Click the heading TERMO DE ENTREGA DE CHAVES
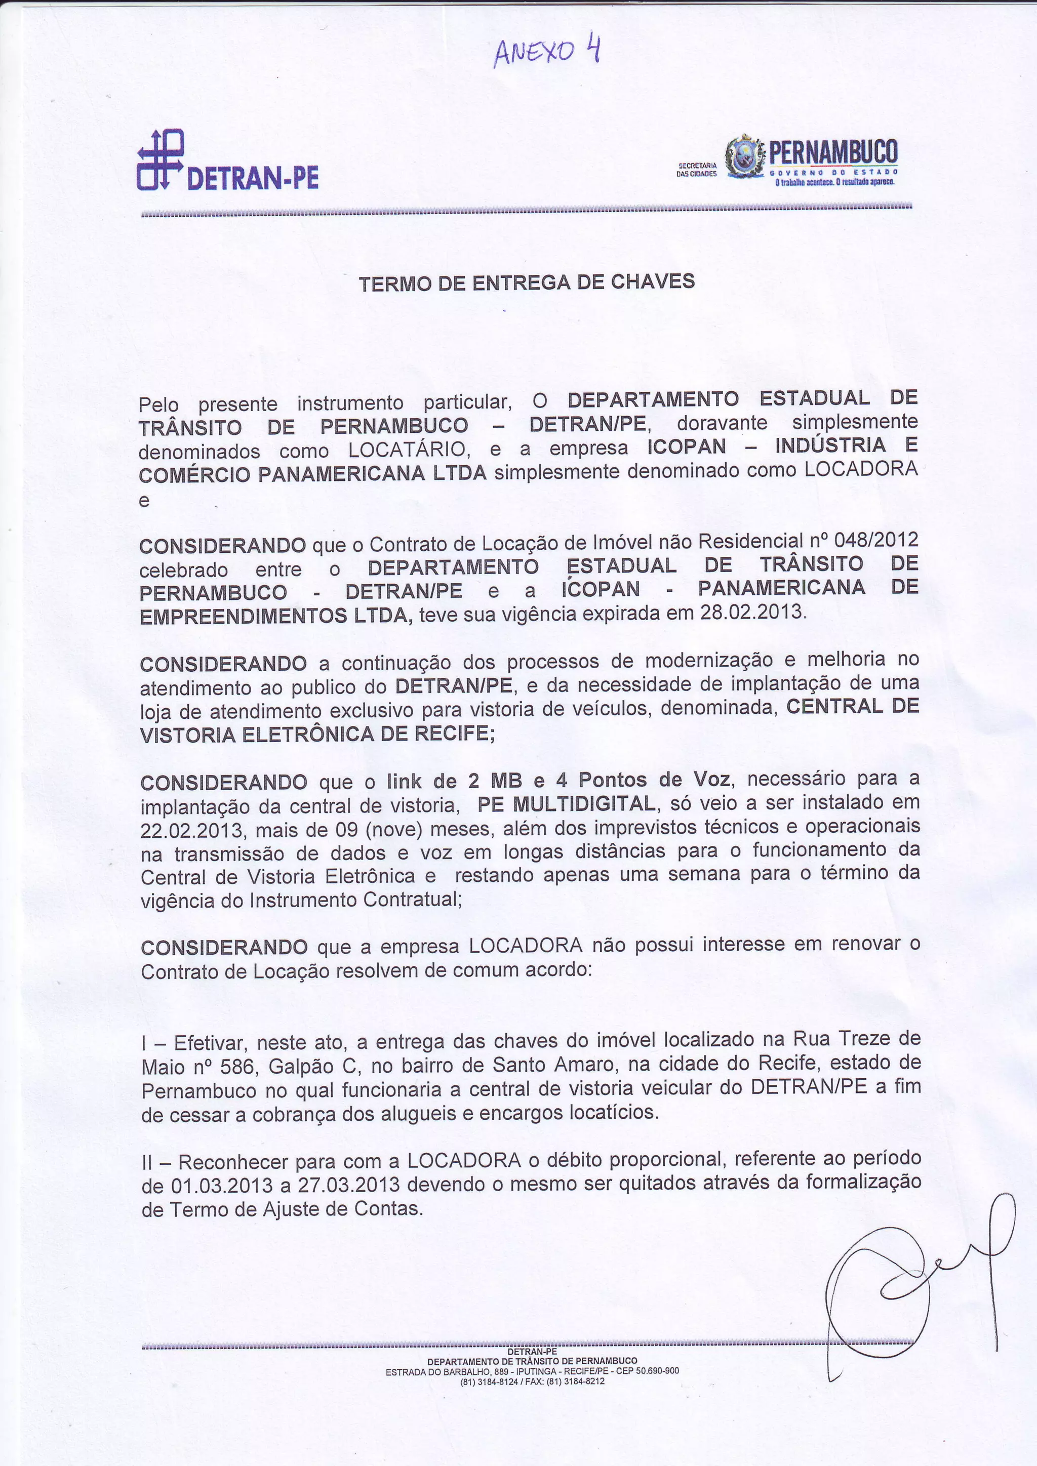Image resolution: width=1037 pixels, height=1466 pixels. tap(526, 282)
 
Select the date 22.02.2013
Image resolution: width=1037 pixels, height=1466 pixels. tap(191, 831)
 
